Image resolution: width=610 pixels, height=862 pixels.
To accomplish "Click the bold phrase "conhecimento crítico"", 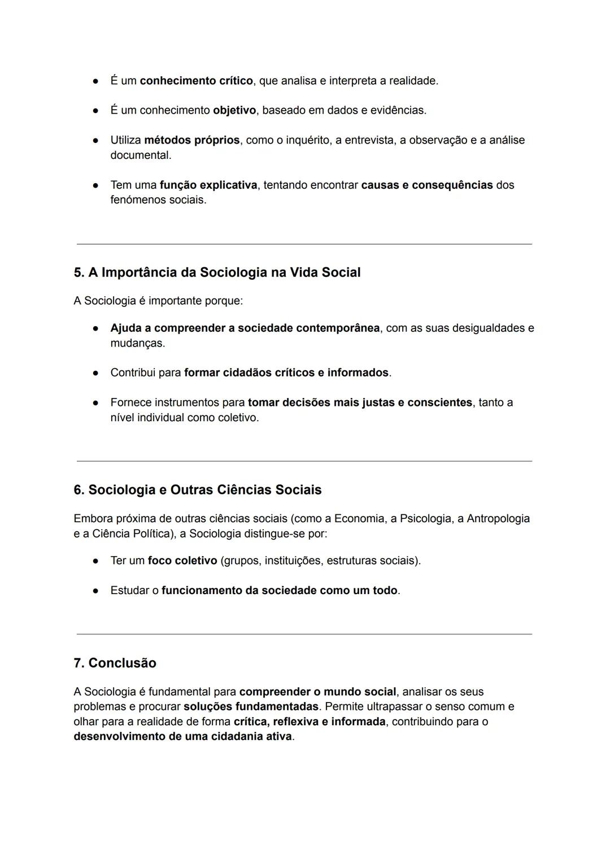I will [x=196, y=81].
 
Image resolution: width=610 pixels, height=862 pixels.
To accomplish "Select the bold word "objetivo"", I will [x=234, y=110].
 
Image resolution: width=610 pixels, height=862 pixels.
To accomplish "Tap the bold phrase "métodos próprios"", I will [x=191, y=140].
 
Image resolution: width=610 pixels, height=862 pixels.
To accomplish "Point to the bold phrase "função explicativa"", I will [x=208, y=185].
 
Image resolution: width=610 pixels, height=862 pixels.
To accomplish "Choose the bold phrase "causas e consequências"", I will [x=426, y=185].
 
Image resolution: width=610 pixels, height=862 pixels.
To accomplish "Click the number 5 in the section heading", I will [x=79, y=272].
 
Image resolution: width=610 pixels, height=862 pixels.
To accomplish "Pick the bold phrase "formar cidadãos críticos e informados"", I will [x=286, y=373].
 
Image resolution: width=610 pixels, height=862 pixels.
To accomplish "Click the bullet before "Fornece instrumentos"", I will [x=96, y=403].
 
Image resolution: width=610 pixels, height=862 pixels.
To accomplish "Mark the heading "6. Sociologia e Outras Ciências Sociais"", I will [x=197, y=490].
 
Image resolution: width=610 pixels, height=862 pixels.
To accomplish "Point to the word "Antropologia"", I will [x=498, y=519].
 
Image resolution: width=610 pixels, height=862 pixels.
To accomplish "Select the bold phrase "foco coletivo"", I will [x=182, y=561].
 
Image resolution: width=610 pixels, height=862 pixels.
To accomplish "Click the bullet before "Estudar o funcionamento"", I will [x=96, y=591].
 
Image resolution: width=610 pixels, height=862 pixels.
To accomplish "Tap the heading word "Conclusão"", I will [x=122, y=663].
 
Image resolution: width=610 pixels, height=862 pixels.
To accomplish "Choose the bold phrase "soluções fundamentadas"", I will [x=251, y=707].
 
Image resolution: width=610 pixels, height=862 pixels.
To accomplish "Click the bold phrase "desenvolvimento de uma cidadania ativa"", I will [x=182, y=737].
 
